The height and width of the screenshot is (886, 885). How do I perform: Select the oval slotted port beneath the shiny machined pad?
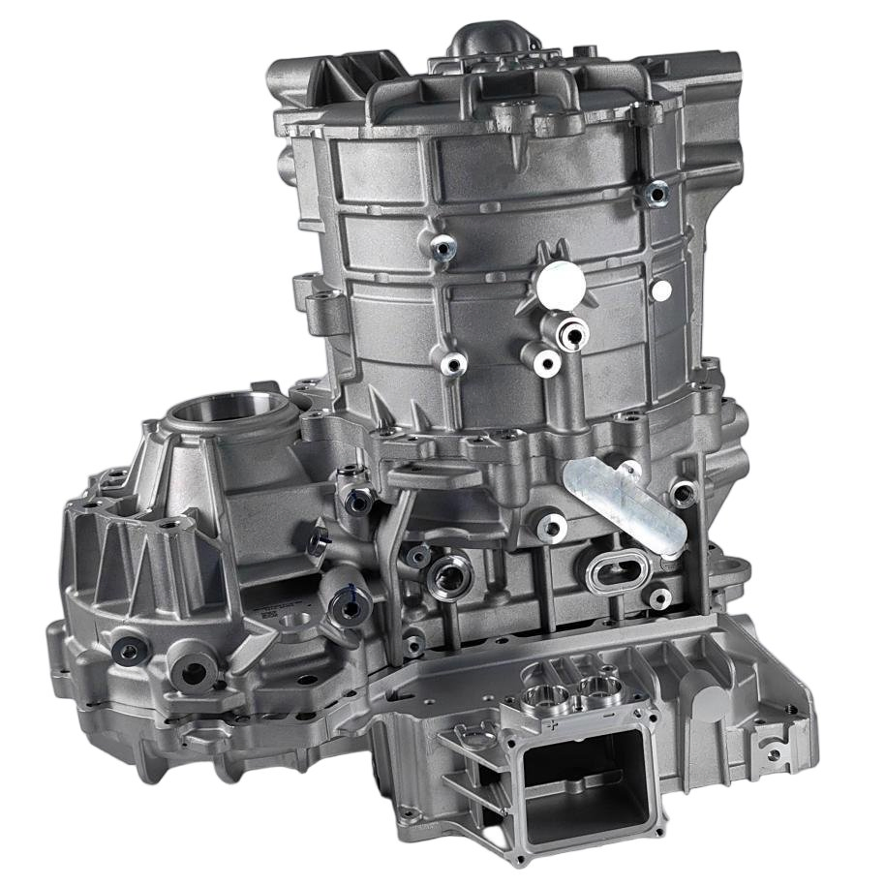(615, 575)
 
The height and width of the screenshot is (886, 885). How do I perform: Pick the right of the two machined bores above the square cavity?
(593, 689)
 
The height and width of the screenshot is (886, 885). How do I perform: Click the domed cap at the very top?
(482, 45)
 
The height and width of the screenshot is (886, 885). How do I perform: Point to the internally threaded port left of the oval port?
(449, 579)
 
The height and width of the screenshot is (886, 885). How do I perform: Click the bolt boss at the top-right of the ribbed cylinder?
(656, 194)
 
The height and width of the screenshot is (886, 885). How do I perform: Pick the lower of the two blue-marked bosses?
(344, 603)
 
